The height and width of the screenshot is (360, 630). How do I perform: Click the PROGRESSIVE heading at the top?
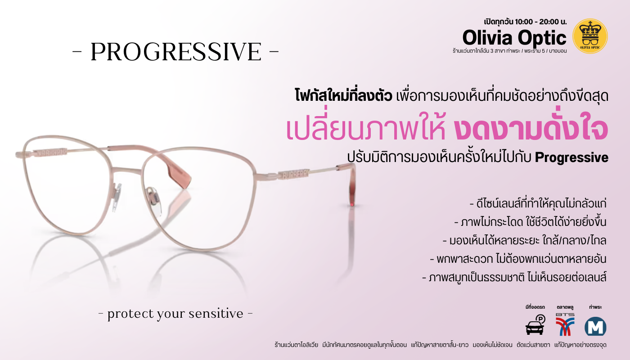click(x=176, y=51)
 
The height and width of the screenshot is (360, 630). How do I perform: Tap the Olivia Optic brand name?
click(x=514, y=38)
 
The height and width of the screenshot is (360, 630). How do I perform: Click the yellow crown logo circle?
click(x=590, y=36)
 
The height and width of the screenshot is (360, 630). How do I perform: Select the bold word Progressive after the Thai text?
click(x=571, y=157)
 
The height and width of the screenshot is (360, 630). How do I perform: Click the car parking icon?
click(x=535, y=325)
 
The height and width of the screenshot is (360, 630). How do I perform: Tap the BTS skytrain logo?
click(x=565, y=324)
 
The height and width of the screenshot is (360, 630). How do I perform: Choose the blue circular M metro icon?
click(x=595, y=326)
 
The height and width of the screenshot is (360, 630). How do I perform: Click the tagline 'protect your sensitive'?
click(x=175, y=314)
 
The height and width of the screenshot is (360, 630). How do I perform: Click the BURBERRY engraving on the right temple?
click(x=295, y=175)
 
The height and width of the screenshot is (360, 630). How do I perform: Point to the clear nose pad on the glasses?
click(x=155, y=201)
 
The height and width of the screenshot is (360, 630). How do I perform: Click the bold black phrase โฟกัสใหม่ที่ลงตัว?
click(x=343, y=95)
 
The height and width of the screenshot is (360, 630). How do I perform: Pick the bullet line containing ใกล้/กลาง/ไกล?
click(x=525, y=241)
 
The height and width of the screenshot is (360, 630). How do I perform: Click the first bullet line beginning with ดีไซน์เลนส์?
click(x=538, y=203)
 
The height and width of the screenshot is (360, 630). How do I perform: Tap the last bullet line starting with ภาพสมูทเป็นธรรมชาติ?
click(x=514, y=278)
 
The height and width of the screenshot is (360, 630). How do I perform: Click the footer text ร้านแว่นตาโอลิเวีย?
click(x=296, y=345)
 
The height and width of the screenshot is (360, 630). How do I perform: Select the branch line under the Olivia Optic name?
click(x=509, y=51)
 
